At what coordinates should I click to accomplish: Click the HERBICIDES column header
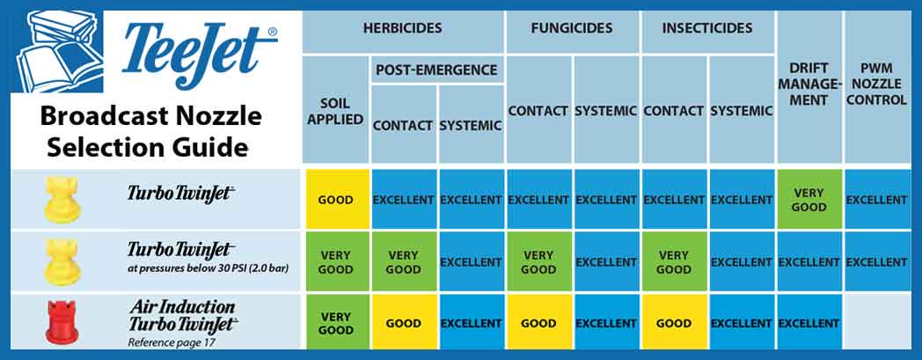pos(403,28)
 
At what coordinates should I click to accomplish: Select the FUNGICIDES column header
pos(572,28)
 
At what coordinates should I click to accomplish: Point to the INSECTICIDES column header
pos(708,28)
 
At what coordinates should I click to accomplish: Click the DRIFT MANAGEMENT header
pos(809,84)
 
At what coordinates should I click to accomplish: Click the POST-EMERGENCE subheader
pos(436,70)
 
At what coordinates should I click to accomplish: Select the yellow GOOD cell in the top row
pos(335,200)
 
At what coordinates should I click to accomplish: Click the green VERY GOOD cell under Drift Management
pos(809,200)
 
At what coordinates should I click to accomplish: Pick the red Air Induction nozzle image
pos(57,323)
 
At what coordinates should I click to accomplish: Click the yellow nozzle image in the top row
pos(57,200)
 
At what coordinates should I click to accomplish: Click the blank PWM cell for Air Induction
pos(876,323)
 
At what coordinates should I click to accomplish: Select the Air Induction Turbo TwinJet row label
pos(182,315)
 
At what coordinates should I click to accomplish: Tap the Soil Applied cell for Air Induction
pos(335,323)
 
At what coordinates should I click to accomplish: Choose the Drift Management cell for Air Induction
pos(809,323)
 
